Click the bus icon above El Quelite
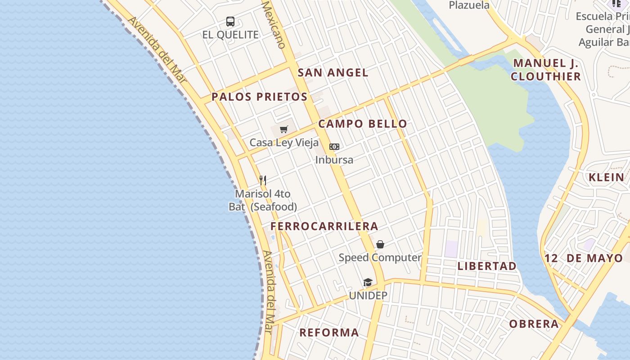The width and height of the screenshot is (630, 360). [230, 21]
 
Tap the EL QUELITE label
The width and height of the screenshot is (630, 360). [230, 35]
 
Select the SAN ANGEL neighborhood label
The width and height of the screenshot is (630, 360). [333, 72]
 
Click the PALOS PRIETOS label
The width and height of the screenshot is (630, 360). [260, 97]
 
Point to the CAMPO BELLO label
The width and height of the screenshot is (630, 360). [363, 124]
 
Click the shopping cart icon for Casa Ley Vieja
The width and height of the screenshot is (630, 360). [283, 130]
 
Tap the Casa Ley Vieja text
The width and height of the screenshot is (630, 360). [284, 143]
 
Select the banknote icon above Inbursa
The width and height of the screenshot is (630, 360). [334, 147]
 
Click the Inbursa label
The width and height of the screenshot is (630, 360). [334, 160]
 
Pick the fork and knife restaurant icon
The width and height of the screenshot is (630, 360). [263, 180]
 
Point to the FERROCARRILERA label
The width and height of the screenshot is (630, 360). [324, 226]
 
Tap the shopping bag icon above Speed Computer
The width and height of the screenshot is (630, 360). [380, 244]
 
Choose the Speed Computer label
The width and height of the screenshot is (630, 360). [380, 258]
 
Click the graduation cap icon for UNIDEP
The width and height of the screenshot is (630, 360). [368, 283]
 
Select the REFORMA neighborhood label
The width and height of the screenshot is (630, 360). [329, 333]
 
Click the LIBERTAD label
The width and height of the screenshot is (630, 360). [487, 266]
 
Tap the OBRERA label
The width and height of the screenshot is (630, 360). [534, 324]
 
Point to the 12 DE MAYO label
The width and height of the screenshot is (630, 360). [584, 258]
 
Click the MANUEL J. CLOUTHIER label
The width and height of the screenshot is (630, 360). [546, 70]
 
